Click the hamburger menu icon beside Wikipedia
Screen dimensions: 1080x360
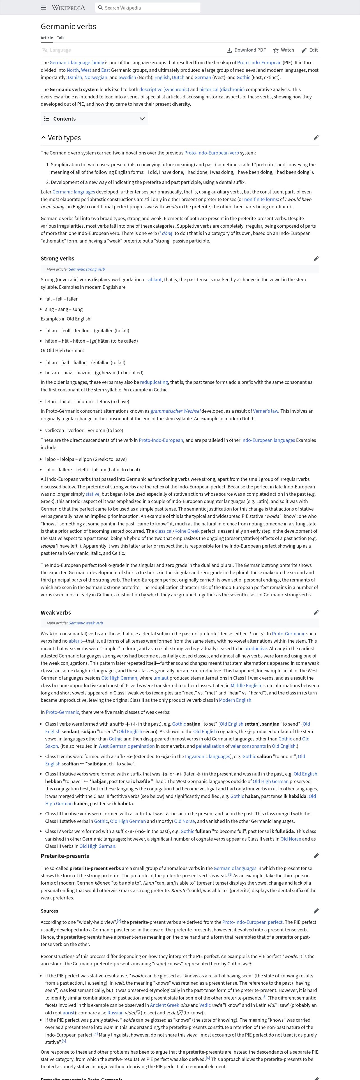(43, 8)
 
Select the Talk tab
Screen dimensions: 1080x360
(61, 38)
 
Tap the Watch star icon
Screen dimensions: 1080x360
(276, 50)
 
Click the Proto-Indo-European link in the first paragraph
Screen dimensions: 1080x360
(259, 63)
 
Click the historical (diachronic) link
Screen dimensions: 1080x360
(222, 89)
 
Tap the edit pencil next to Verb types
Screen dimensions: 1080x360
(316, 137)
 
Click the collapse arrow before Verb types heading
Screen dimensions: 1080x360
(43, 137)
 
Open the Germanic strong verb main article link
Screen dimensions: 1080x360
(86, 269)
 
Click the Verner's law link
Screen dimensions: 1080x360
(268, 411)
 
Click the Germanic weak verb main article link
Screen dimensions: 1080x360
(86, 623)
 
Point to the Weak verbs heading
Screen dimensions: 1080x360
(56, 613)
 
